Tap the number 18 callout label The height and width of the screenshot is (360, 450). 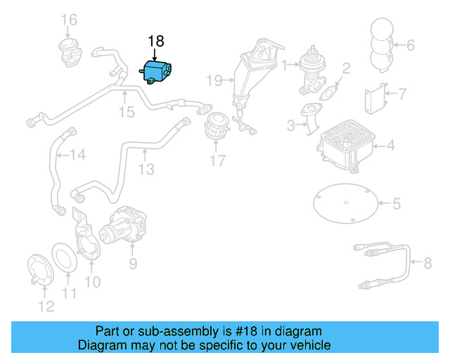coord(155,40)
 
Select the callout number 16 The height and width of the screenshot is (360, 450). coord(68,19)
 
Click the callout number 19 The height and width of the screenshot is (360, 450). coord(214,80)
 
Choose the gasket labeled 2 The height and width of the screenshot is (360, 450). coord(328,89)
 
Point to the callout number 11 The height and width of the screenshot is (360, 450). coord(69,293)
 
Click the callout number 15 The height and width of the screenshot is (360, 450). coord(125,112)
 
